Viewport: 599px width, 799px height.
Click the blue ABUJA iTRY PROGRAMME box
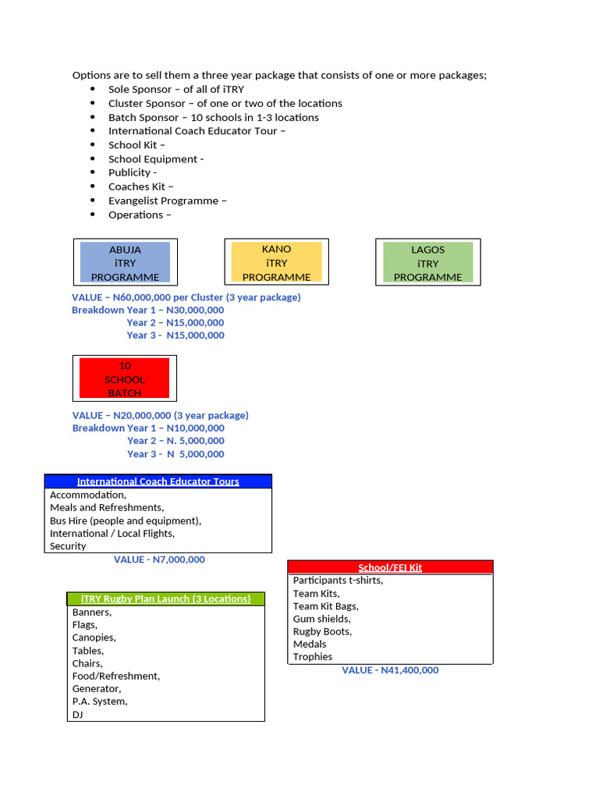tap(125, 263)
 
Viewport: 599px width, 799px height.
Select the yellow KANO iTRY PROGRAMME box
tap(276, 263)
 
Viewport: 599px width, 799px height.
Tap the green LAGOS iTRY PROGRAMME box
tap(427, 263)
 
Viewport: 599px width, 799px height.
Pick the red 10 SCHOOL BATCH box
tap(125, 379)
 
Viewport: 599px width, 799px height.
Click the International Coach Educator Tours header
tap(158, 481)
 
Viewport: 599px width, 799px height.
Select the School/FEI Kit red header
tap(390, 567)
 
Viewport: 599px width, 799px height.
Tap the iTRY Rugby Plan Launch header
tap(165, 598)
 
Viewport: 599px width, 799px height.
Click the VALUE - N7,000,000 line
tap(159, 559)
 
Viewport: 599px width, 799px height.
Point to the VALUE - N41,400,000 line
tap(390, 670)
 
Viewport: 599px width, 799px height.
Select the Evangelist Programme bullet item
tap(168, 201)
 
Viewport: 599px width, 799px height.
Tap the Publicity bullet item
tap(133, 172)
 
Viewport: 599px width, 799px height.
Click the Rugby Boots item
tap(322, 631)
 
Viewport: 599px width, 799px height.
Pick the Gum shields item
tap(321, 619)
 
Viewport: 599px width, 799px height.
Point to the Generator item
tap(97, 689)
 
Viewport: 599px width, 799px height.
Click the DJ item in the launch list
tap(78, 714)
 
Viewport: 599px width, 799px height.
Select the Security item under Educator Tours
tap(68, 546)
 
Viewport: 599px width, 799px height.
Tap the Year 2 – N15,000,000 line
tap(175, 322)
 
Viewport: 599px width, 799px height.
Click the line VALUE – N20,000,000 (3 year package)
tap(160, 415)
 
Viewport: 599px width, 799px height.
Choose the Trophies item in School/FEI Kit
tap(313, 657)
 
